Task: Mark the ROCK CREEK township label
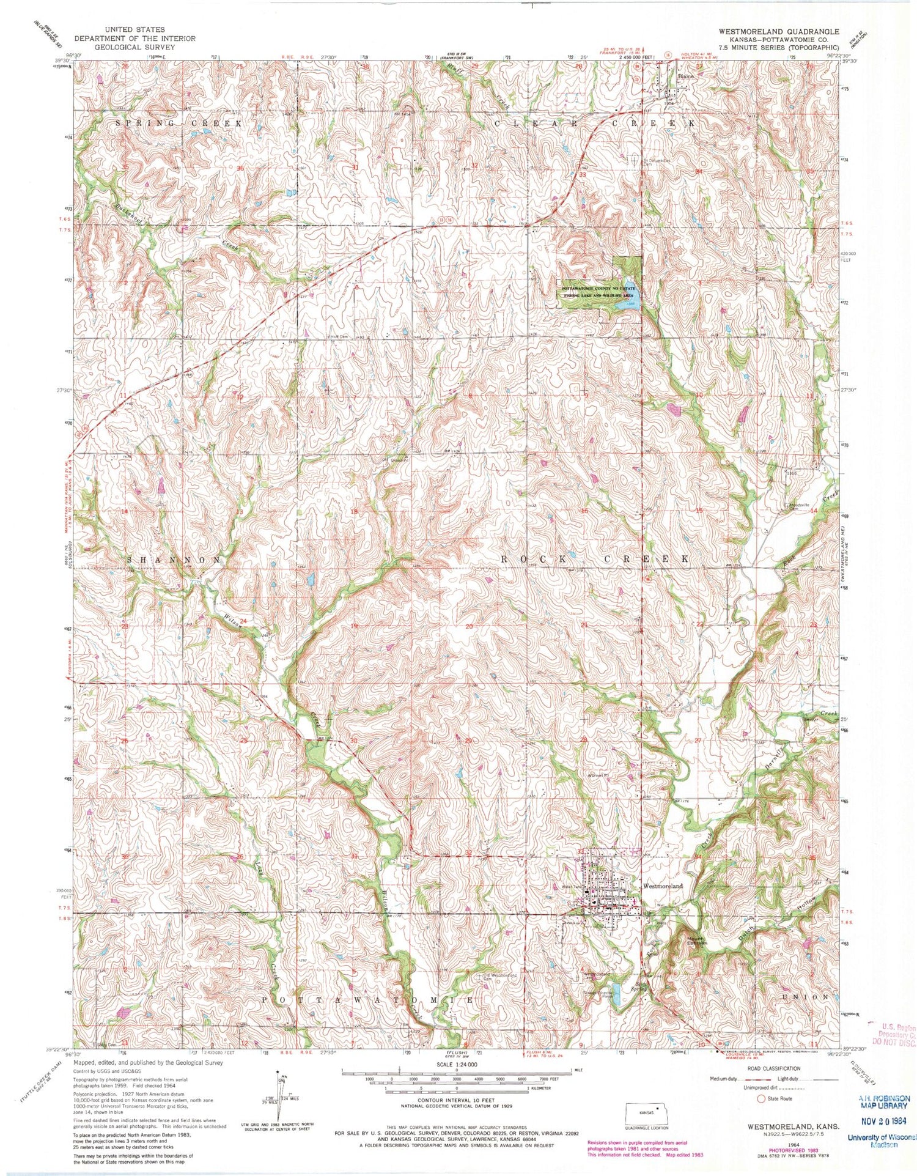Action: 594,559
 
